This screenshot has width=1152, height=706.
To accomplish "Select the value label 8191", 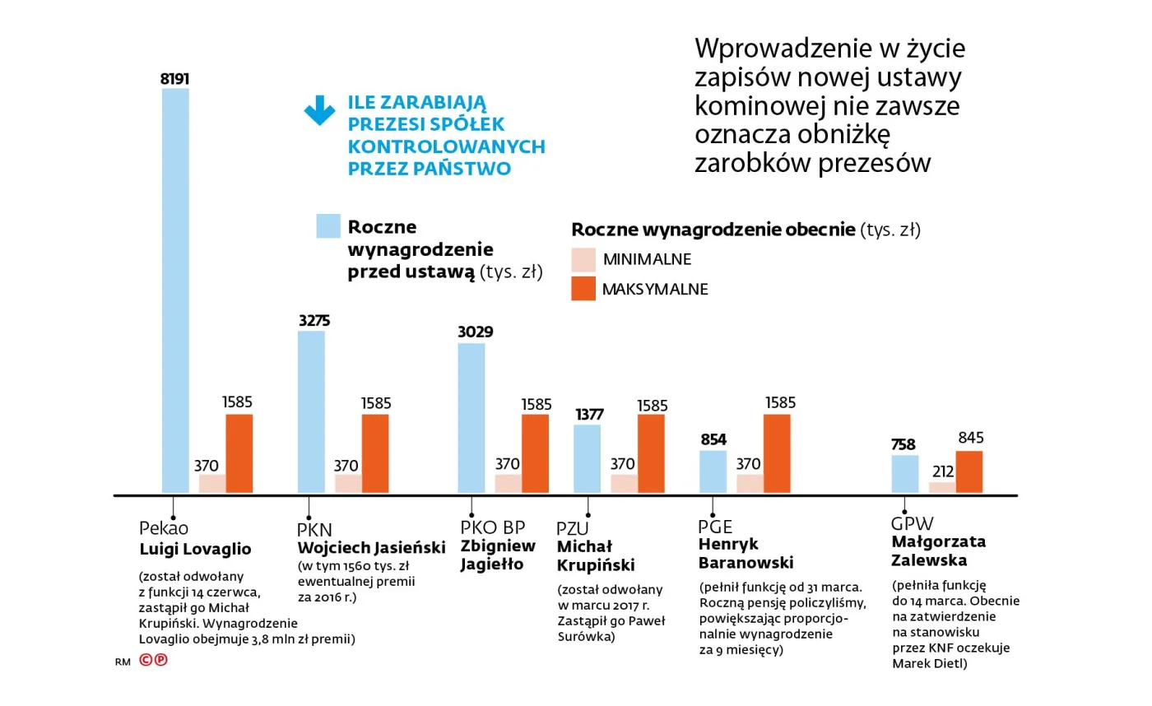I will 174,79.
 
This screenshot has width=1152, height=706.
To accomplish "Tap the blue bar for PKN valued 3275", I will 311,412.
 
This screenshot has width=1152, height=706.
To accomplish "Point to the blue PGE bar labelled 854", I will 713,472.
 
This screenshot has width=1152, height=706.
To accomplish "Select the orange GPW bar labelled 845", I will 969,472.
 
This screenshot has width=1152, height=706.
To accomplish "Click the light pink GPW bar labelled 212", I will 942,488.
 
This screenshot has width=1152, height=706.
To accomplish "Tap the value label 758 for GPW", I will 904,445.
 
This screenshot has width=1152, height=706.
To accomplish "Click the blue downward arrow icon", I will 319,110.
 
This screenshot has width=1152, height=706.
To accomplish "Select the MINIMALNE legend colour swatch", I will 583,260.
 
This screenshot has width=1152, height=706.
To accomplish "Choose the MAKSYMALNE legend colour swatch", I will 583,289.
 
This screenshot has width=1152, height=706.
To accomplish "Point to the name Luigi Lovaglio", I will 195,549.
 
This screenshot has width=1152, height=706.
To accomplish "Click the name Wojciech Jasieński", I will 371,547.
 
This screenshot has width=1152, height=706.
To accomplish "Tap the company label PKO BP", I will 492,527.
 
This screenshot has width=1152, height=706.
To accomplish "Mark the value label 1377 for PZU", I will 588,415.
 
